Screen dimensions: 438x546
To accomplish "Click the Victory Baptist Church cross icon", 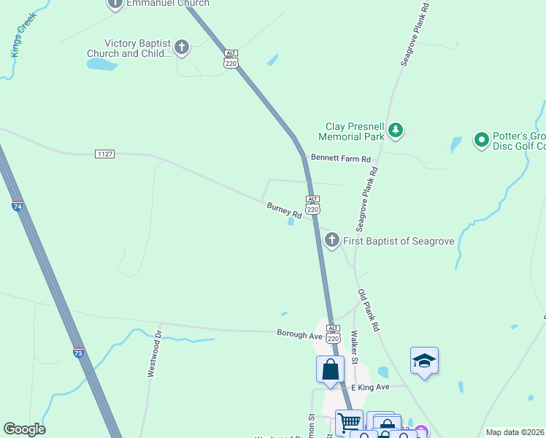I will coord(182,48).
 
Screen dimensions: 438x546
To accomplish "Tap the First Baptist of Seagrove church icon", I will coord(332,239).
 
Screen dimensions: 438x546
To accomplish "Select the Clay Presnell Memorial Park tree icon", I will coord(396,131).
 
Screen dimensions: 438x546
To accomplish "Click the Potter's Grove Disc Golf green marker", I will coord(481,139).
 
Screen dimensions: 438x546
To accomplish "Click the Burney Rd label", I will coord(284,212).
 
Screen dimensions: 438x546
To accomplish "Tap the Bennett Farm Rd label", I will coord(341,158).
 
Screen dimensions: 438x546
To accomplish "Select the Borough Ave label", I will coord(299,334).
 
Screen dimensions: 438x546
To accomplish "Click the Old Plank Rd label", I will coord(369,311).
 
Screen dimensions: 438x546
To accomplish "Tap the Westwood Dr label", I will coord(153,354).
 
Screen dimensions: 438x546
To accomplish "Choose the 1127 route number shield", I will coord(104,154).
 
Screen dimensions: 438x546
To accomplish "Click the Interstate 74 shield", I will coord(18,207).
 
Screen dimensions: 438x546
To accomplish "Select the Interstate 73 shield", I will coord(79,353).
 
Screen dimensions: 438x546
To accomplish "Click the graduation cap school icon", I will coord(424,361).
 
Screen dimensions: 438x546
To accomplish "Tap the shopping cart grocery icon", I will coord(349,422).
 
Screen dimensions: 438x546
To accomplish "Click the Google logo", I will coord(24,429).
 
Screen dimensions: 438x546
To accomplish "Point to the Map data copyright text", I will coord(515,432).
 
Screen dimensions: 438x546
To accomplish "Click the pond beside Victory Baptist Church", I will coord(102,64).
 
